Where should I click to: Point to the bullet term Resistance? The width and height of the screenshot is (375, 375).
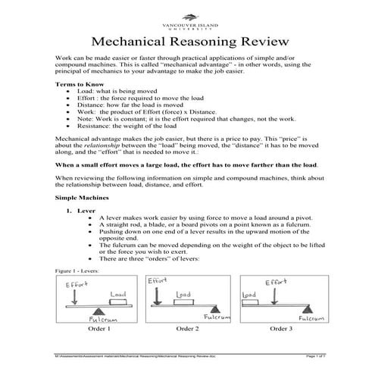pyautogui.click(x=105, y=127)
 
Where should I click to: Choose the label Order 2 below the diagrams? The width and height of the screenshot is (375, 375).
pyautogui.click(x=188, y=329)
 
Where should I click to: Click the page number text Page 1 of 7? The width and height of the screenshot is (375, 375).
pyautogui.click(x=311, y=356)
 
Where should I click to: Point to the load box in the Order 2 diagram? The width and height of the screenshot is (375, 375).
pyautogui.click(x=183, y=300)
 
